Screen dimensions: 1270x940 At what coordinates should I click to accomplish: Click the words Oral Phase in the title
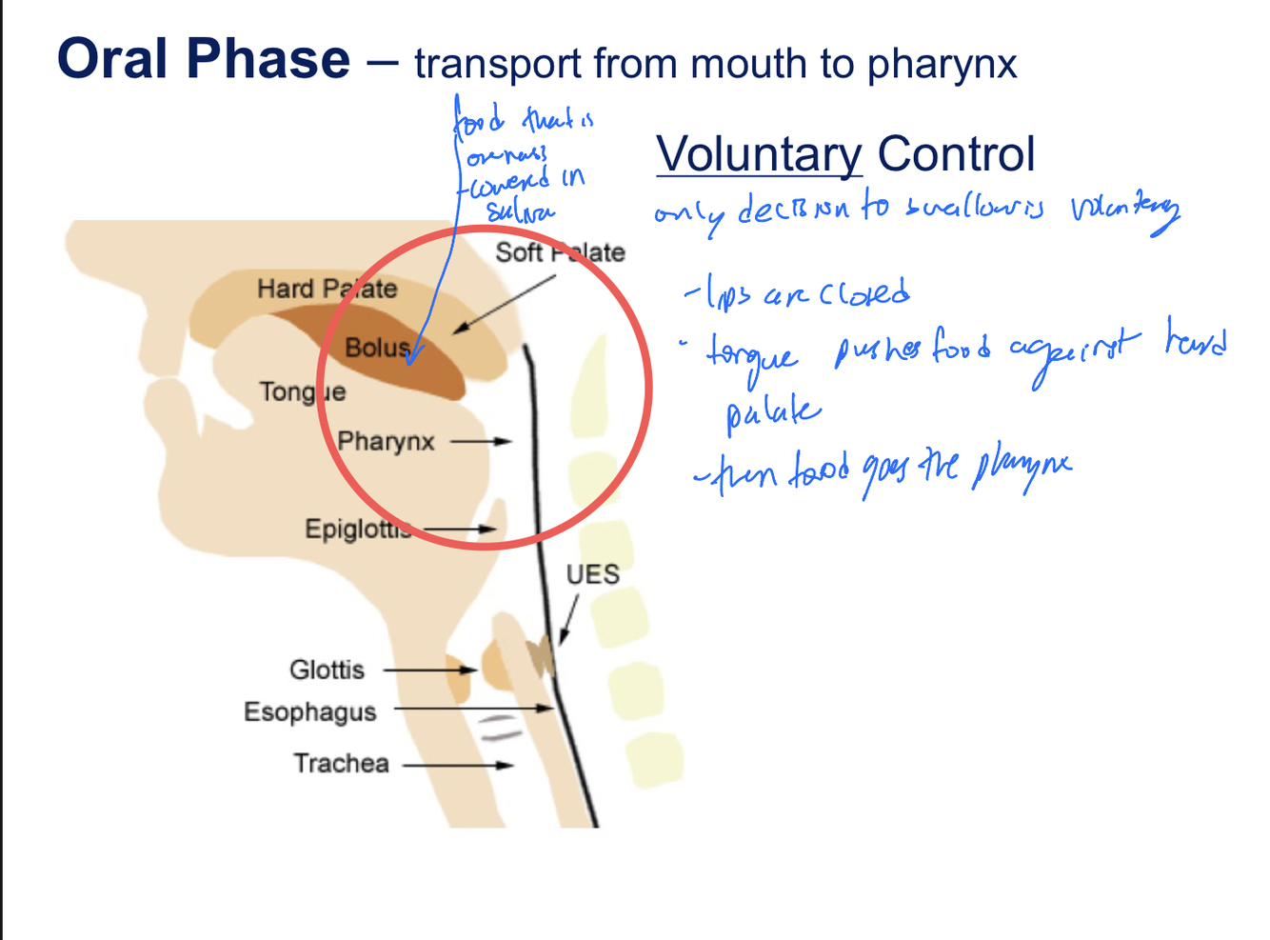pyautogui.click(x=204, y=59)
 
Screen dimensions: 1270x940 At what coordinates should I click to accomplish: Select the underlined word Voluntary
pyautogui.click(x=759, y=154)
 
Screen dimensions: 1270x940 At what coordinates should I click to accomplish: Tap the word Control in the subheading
pyautogui.click(x=956, y=154)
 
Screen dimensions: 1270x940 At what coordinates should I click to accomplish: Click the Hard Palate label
pyautogui.click(x=327, y=289)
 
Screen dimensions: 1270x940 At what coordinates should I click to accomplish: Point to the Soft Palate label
pyautogui.click(x=560, y=252)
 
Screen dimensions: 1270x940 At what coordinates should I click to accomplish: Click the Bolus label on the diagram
pyautogui.click(x=376, y=348)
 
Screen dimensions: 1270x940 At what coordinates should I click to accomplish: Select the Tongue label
pyautogui.click(x=303, y=391)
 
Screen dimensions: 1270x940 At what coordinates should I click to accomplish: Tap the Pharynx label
pyautogui.click(x=386, y=442)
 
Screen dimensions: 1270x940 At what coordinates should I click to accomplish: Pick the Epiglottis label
pyautogui.click(x=359, y=529)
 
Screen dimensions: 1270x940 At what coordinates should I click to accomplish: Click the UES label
pyautogui.click(x=592, y=574)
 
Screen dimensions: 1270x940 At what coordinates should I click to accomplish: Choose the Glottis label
pyautogui.click(x=327, y=670)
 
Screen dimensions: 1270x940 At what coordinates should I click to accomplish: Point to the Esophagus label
pyautogui.click(x=309, y=712)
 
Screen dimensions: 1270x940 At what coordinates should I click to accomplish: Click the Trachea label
pyautogui.click(x=341, y=764)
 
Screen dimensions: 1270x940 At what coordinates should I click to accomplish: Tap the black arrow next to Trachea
pyautogui.click(x=458, y=765)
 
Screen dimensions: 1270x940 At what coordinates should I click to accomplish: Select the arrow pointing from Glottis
pyautogui.click(x=429, y=670)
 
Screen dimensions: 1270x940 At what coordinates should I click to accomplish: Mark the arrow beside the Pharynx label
pyautogui.click(x=481, y=442)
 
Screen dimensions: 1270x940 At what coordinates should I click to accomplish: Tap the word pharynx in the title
pyautogui.click(x=942, y=65)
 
